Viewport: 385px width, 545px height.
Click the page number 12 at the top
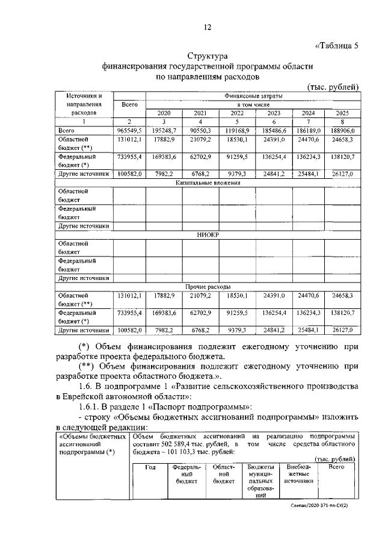point(208,26)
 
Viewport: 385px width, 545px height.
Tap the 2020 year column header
point(164,113)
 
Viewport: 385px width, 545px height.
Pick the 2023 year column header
point(274,113)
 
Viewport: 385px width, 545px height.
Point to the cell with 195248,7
point(164,130)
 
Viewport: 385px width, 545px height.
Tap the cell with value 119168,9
point(236,130)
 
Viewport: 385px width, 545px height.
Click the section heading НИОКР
point(206,234)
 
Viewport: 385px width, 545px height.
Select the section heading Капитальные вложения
point(206,182)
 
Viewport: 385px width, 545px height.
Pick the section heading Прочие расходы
point(206,287)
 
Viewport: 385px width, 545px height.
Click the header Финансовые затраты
point(253,95)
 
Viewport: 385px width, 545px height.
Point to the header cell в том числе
point(253,104)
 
